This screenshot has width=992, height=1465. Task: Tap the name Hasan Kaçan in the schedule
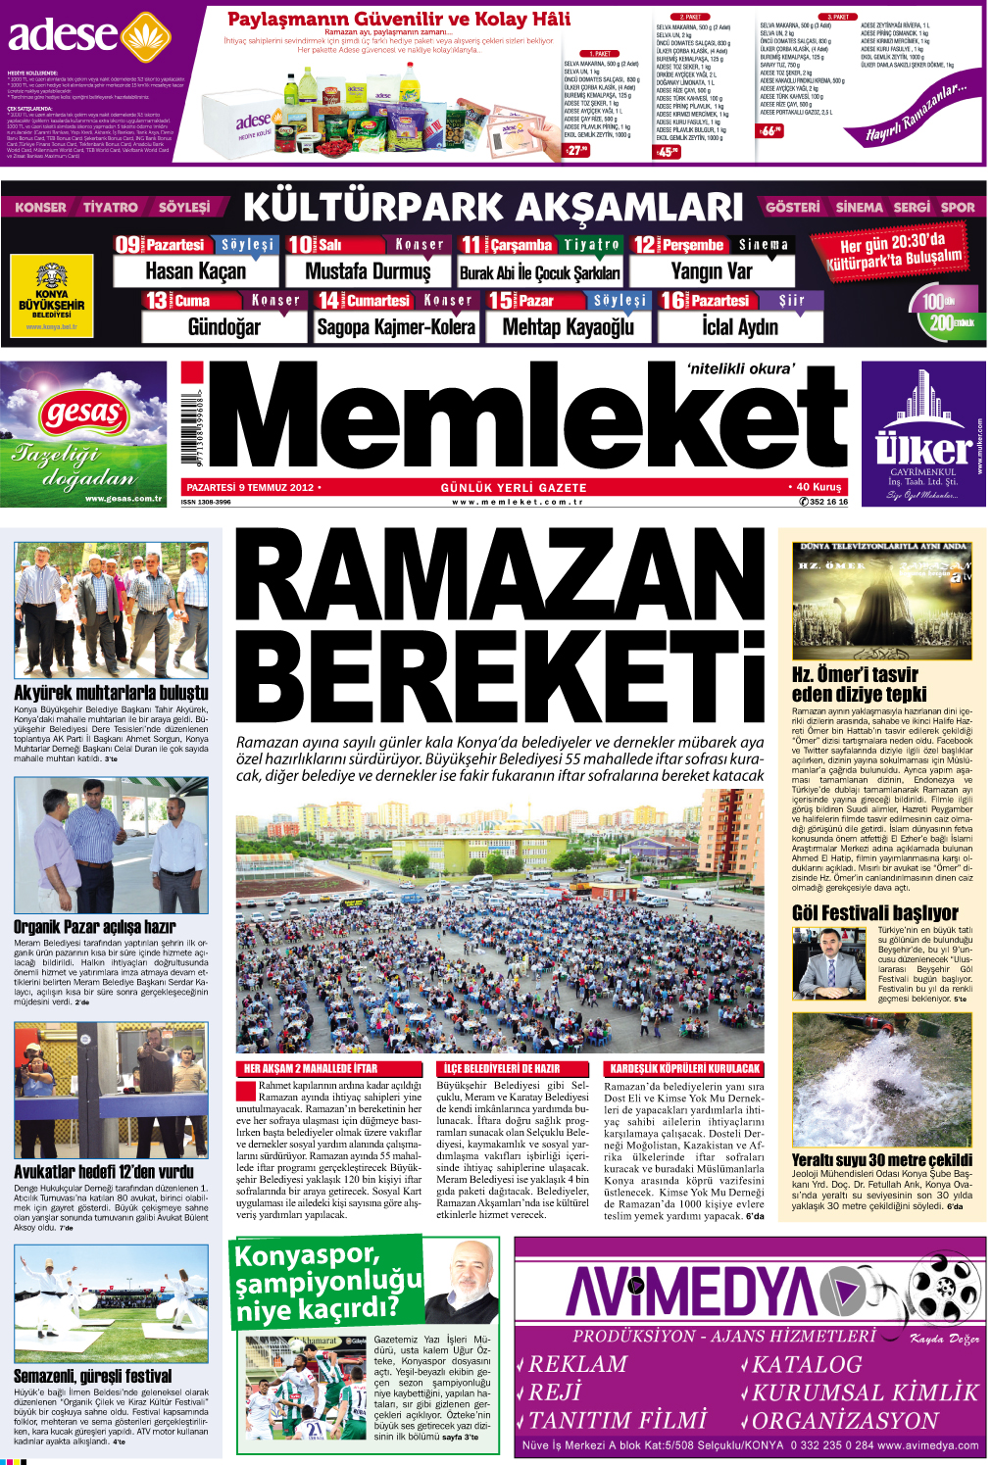coord(195,271)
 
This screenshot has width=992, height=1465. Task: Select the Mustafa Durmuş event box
coord(368,271)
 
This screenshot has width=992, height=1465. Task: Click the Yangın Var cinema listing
coord(712,271)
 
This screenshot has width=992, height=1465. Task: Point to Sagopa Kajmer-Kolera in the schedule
coord(396,327)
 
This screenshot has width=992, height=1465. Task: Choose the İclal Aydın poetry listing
coord(739,327)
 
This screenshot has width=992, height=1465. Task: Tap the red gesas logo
coord(84,414)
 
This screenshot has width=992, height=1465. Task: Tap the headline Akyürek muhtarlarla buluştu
coord(111,693)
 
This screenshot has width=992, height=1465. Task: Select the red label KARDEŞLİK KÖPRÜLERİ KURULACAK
coord(684,1068)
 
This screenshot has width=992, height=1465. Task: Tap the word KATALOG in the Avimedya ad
coord(807,1364)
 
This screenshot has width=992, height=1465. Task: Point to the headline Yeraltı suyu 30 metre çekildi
coord(882,1159)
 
